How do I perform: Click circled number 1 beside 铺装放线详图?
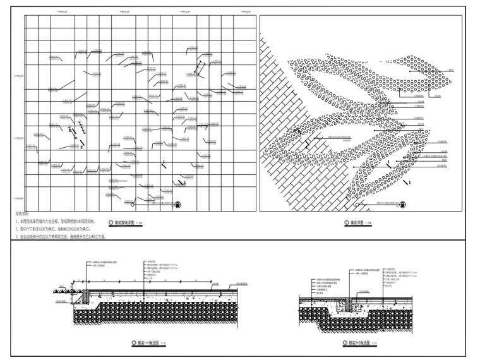click(112, 223)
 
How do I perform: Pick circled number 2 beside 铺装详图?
click(346, 223)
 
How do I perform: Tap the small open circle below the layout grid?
click(131, 205)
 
